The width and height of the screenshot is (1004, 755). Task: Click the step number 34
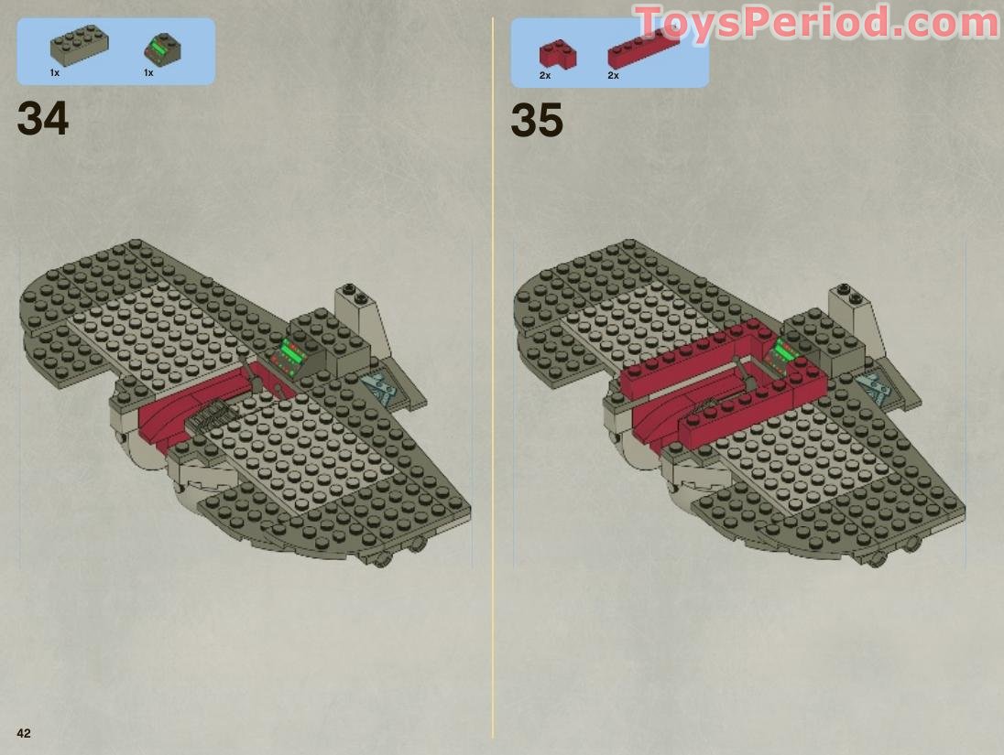pyautogui.click(x=42, y=119)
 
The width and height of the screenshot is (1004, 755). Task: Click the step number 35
pyautogui.click(x=536, y=121)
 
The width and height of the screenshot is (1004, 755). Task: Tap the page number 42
pyautogui.click(x=23, y=733)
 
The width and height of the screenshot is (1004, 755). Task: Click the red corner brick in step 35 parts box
pyautogui.click(x=556, y=53)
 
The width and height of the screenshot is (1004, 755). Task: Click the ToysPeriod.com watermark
pyautogui.click(x=815, y=22)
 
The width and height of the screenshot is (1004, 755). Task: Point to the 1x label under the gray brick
pyautogui.click(x=55, y=72)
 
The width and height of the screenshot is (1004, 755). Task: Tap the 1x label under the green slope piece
pyautogui.click(x=148, y=72)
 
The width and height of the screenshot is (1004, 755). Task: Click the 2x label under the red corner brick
pyautogui.click(x=545, y=76)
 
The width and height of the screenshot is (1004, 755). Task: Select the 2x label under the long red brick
pyautogui.click(x=613, y=76)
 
